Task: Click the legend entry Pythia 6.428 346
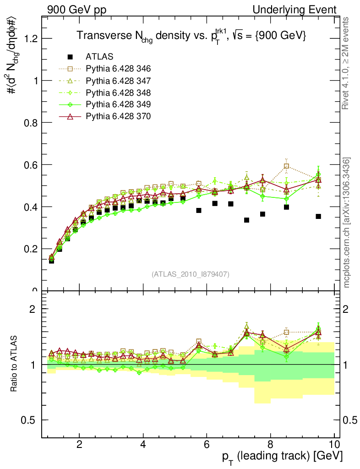[x=118, y=69]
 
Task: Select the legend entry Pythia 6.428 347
[x=118, y=81]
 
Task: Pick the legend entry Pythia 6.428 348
[x=118, y=93]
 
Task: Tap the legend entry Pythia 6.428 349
[x=118, y=104]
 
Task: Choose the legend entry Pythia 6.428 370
[x=118, y=116]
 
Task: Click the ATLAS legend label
[x=99, y=57]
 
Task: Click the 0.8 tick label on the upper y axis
[x=31, y=123]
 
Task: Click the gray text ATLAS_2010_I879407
[x=191, y=274]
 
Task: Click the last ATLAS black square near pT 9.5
[x=318, y=216]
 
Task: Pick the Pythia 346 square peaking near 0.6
[x=286, y=166]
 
